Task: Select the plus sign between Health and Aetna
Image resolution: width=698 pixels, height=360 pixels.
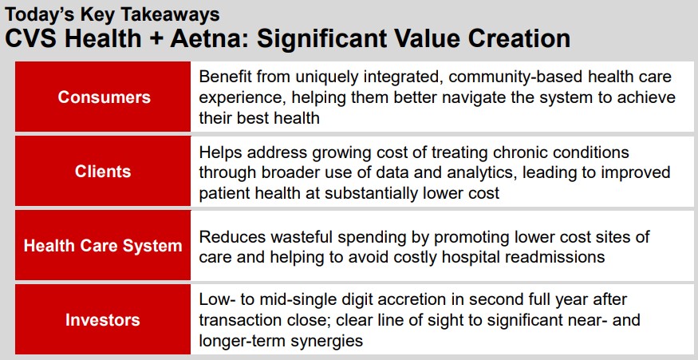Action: pyautogui.click(x=156, y=39)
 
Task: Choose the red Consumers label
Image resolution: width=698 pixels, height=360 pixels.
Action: pyautogui.click(x=103, y=97)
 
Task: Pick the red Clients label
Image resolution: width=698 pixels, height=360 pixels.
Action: pyautogui.click(x=103, y=171)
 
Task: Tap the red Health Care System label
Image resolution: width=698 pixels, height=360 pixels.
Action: pyautogui.click(x=103, y=246)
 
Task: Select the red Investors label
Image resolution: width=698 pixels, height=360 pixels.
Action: pyautogui.click(x=103, y=319)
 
